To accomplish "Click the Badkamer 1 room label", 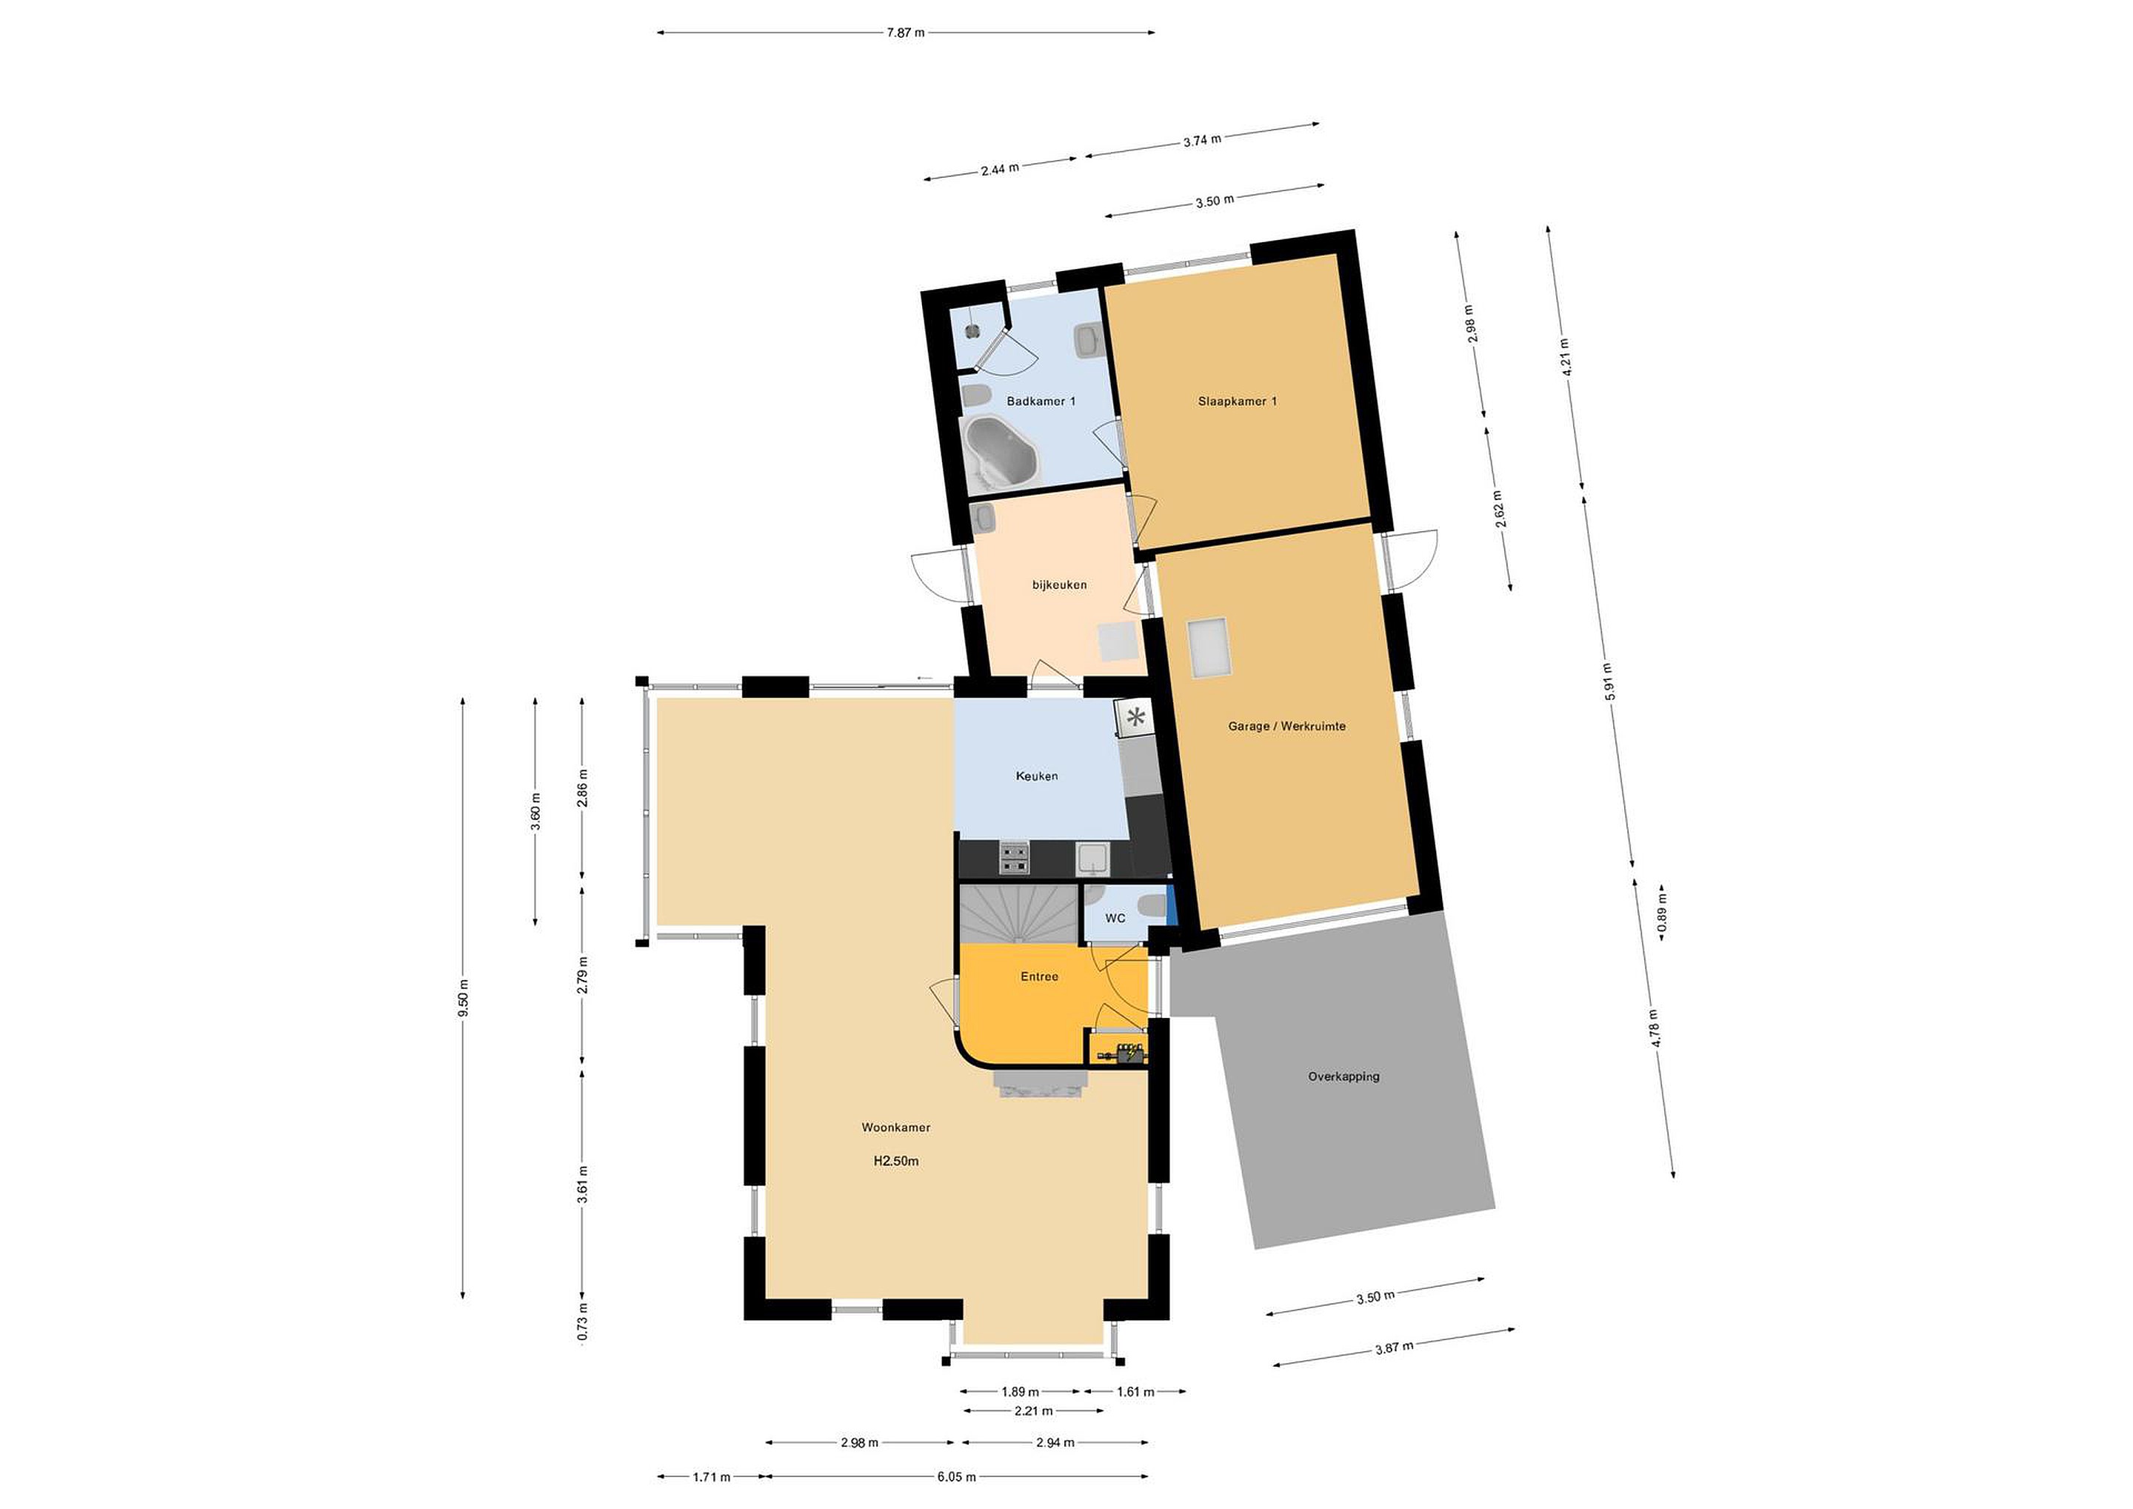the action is (1041, 402).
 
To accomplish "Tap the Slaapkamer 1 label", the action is (1238, 402).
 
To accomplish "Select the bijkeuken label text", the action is (1059, 585).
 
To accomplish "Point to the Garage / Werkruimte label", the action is (1286, 727).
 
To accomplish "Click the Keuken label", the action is (1037, 776).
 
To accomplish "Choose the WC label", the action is (1115, 918).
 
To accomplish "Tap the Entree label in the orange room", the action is (1040, 976).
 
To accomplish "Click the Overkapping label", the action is (1343, 1077).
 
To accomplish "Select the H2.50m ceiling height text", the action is (895, 1161).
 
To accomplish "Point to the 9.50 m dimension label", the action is (464, 998).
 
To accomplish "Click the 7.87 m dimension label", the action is (906, 33).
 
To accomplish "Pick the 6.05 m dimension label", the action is (956, 1476).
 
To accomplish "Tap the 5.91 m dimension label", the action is (1607, 681).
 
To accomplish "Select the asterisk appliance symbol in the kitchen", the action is (1135, 717).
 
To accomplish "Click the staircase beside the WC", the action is (1019, 913).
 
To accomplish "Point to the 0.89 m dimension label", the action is (1662, 913).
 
